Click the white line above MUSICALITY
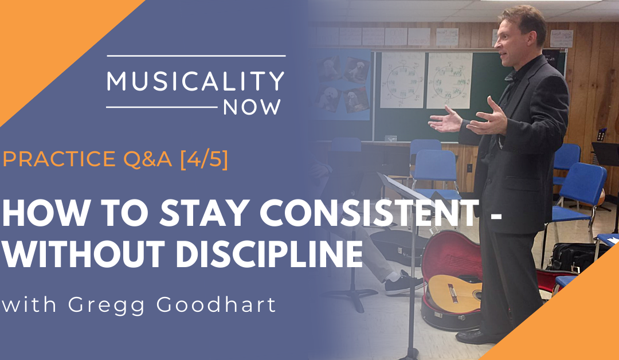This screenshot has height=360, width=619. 195,56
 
